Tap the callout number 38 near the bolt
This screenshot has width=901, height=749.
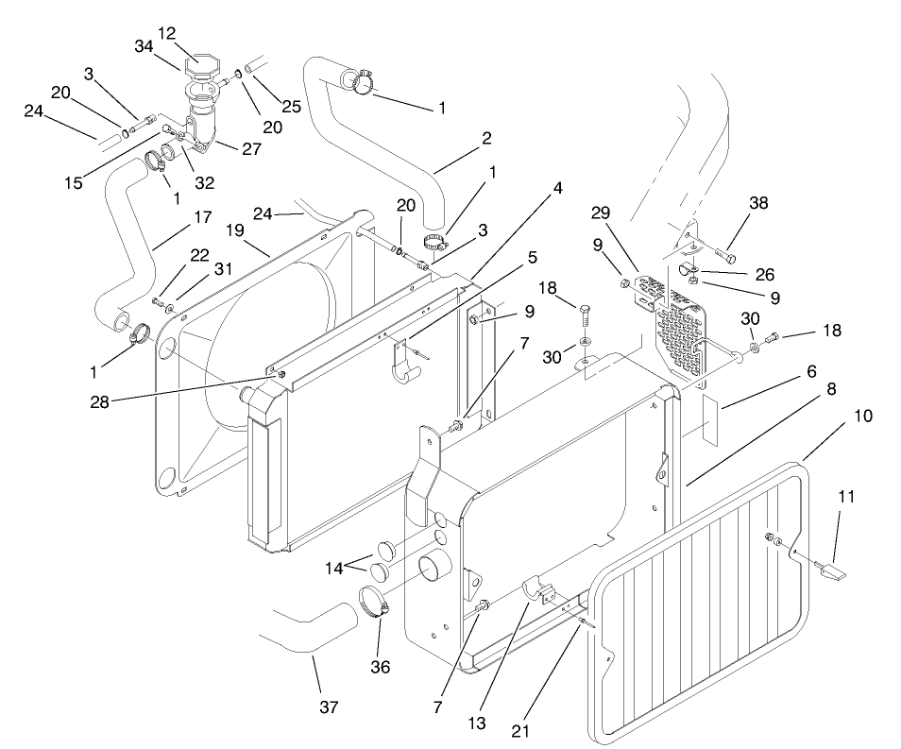pyautogui.click(x=758, y=203)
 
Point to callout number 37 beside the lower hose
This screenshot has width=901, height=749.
pyautogui.click(x=327, y=706)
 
